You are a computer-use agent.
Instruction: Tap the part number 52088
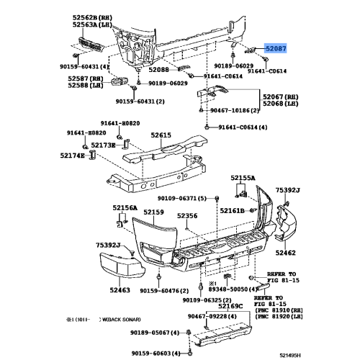pos(159,69)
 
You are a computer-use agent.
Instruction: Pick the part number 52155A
pos(243,178)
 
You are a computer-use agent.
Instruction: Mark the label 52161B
pos(232,211)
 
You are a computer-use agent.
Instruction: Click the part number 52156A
pos(125,207)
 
